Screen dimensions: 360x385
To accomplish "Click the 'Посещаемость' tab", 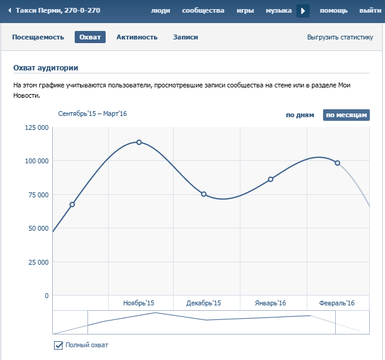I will (x=38, y=37).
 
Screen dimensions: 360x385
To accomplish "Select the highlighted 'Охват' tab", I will (x=90, y=37).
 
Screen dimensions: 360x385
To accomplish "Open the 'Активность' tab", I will (x=137, y=37).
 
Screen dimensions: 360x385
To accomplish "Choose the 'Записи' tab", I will (x=185, y=37).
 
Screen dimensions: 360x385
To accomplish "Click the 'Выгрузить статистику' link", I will (x=340, y=37).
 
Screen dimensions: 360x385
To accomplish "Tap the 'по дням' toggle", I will (x=300, y=115).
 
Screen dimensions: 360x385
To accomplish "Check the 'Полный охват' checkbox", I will (x=59, y=345).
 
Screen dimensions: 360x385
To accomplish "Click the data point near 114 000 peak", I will (x=139, y=142).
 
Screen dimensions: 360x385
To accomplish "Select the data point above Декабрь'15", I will (x=203, y=194).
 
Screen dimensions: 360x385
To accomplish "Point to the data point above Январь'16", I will (x=270, y=179).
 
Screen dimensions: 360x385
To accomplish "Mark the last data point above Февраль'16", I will (x=338, y=163).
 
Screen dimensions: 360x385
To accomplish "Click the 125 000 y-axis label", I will (x=36, y=127).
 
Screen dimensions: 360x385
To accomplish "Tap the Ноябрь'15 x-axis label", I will (x=138, y=303).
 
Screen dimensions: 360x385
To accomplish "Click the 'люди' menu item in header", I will (x=160, y=11).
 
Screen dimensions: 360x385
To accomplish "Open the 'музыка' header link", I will (x=279, y=11).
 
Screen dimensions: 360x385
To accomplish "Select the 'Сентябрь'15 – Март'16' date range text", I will (x=92, y=114).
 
